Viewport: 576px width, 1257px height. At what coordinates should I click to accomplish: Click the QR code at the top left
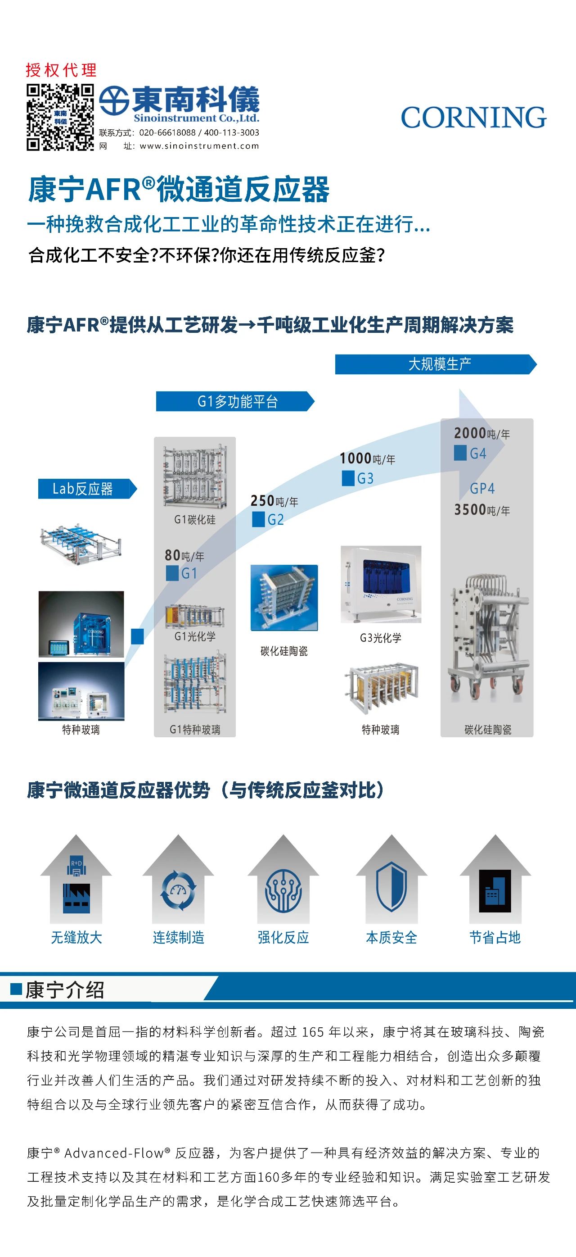[x=59, y=118]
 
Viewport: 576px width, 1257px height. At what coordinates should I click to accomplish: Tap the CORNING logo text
[x=473, y=118]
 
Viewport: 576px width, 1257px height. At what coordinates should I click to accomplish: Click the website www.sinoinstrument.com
[x=198, y=146]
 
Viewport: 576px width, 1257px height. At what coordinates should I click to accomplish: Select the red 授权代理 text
[x=61, y=70]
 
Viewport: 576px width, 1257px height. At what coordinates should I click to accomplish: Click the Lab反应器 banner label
[x=83, y=489]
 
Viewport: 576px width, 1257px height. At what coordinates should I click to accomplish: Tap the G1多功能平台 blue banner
[x=237, y=402]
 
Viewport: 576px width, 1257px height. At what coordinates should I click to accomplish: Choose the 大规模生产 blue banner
[x=439, y=364]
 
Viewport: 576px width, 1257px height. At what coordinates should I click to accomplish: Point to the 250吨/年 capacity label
[x=274, y=501]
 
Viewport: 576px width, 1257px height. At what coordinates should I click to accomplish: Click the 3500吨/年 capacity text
[x=482, y=510]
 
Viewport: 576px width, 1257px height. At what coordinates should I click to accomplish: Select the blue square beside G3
[x=348, y=478]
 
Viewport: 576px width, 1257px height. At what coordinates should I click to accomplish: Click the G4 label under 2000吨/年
[x=477, y=454]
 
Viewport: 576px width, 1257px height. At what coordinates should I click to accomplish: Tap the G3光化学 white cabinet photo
[x=380, y=584]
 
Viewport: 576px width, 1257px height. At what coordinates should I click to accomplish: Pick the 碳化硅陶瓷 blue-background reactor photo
[x=284, y=598]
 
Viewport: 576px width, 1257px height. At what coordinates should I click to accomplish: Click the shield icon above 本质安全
[x=391, y=887]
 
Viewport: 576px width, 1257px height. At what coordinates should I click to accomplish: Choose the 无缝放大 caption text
[x=76, y=937]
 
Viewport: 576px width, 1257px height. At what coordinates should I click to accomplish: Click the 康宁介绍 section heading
[x=64, y=990]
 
